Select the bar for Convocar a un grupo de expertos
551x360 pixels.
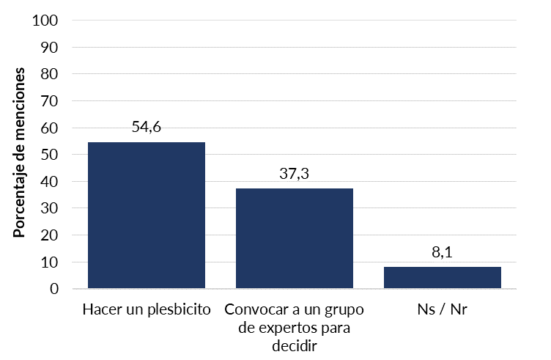[x=295, y=238]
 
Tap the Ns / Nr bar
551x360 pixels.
[x=443, y=277]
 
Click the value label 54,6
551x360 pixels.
[x=147, y=127]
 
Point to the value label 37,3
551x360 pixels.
[x=295, y=174]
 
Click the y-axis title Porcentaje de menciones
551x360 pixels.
[x=20, y=153]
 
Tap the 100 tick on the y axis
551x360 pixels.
[x=45, y=21]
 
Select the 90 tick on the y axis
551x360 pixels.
[x=49, y=48]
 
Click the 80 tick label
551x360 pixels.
[x=49, y=74]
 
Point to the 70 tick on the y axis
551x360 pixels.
[x=49, y=101]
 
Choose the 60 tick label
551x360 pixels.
[x=49, y=128]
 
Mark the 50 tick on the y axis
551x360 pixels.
[x=49, y=155]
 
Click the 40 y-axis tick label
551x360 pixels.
[x=49, y=181]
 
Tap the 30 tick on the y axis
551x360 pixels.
[x=49, y=208]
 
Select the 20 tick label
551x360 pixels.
[x=49, y=235]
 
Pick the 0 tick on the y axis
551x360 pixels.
[x=53, y=289]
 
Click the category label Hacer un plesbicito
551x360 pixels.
[x=147, y=309]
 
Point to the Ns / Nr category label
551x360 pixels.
[x=443, y=309]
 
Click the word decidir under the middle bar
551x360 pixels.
[x=295, y=345]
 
